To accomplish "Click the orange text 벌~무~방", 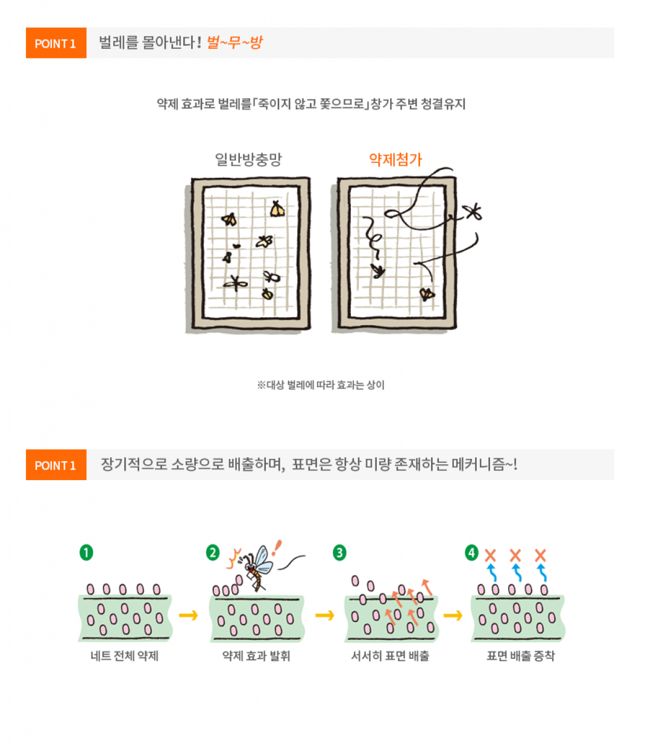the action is point(234,42).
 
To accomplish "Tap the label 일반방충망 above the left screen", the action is point(248,159).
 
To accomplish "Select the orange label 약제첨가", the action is point(395,159).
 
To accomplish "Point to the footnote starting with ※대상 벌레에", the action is point(321,385).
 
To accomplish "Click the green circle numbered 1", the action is point(86,552).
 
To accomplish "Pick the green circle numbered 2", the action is point(212,552).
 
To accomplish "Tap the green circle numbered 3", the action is point(339,552).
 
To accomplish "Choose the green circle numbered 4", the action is point(471,552).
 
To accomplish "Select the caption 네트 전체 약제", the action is point(125,656).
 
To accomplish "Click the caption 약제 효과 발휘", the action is point(256,656).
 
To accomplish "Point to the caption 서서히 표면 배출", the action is point(390,656).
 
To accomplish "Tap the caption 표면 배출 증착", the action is point(520,656).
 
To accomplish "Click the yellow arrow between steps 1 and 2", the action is point(188,615).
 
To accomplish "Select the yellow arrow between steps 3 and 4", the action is point(453,615).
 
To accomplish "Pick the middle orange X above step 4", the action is point(515,555).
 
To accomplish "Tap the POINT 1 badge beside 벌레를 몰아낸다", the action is point(56,43).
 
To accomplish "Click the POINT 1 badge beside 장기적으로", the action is point(56,464).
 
